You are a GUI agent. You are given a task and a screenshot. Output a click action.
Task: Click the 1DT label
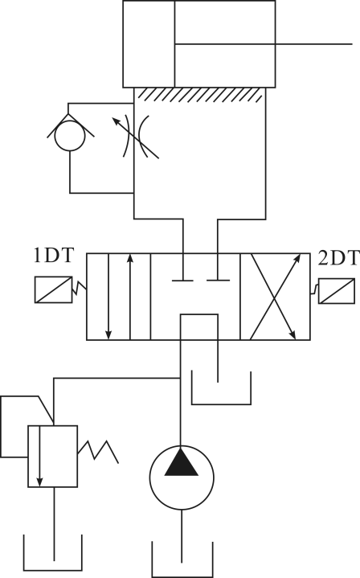pyautogui.click(x=54, y=256)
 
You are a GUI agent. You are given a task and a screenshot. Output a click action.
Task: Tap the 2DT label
pyautogui.click(x=338, y=258)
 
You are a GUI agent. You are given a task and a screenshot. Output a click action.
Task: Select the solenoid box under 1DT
pyautogui.click(x=53, y=289)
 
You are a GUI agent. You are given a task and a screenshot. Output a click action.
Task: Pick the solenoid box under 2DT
pyautogui.click(x=337, y=291)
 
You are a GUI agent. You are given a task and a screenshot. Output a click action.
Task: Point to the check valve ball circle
pyautogui.click(x=70, y=136)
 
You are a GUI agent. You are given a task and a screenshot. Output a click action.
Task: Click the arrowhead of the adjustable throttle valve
pyautogui.click(x=116, y=121)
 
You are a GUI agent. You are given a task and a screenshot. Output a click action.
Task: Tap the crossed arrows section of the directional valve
pyautogui.click(x=275, y=297)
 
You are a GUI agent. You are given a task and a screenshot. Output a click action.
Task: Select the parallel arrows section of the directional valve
pyautogui.click(x=119, y=297)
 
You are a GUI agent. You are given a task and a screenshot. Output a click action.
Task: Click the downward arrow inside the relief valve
pyautogui.click(x=40, y=457)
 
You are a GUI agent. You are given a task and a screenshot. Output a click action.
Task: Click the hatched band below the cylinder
pyautogui.click(x=200, y=94)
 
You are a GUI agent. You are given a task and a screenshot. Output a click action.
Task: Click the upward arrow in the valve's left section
pyautogui.click(x=129, y=297)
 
